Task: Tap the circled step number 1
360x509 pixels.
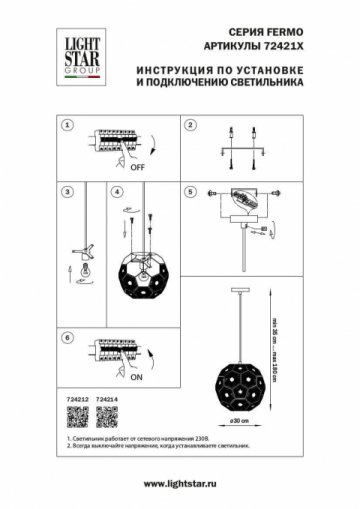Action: [x=67, y=127]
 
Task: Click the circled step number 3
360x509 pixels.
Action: [x=67, y=192]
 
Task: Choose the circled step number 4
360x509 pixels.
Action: [x=117, y=192]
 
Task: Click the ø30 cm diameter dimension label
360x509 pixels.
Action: [x=237, y=420]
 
